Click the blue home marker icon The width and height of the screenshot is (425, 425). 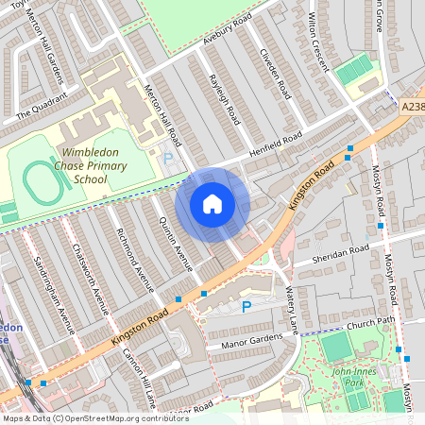tap(212, 204)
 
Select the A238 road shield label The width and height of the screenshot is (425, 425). tap(412, 107)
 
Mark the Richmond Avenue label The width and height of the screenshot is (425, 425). tap(131, 260)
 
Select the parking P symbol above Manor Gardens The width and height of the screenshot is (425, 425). tap(246, 306)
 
